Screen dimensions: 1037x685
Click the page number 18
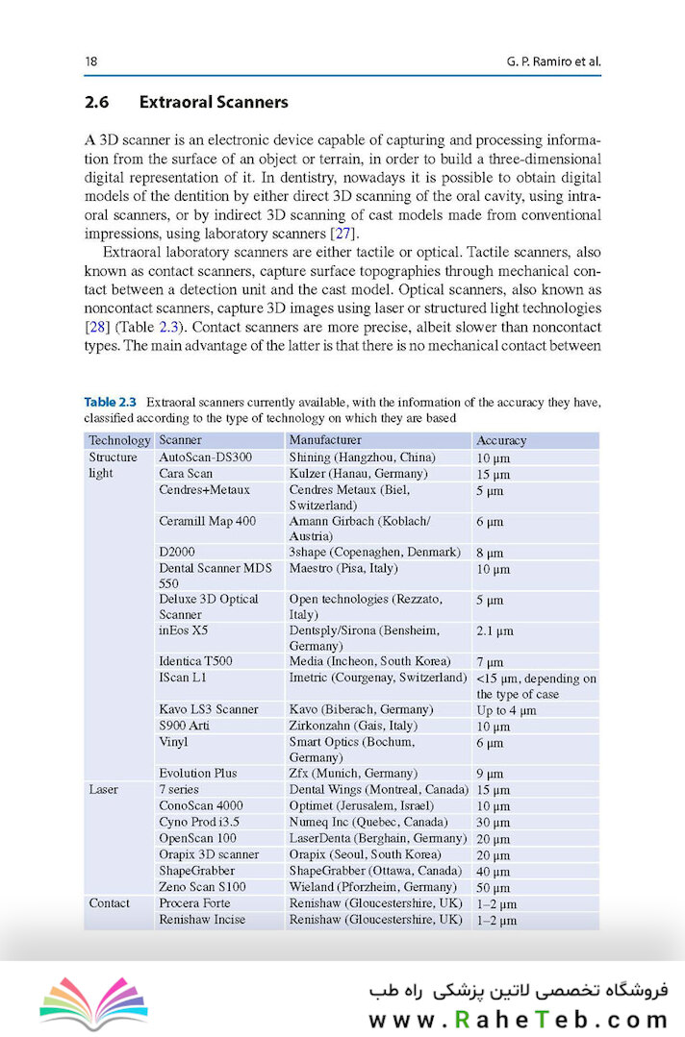click(91, 62)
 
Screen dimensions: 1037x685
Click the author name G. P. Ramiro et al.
click(553, 62)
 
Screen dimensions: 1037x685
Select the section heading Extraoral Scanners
click(214, 102)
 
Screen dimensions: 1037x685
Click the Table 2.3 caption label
click(113, 402)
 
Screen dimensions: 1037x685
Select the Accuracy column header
click(501, 440)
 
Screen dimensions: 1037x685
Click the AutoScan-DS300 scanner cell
click(205, 457)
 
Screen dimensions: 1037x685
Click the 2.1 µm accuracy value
click(495, 631)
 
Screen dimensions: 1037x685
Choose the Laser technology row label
click(104, 789)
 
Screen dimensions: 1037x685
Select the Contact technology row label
click(110, 903)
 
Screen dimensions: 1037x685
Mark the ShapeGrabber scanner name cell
click(196, 871)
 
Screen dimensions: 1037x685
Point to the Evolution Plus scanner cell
click(198, 773)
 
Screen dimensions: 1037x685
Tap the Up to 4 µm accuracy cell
click(506, 709)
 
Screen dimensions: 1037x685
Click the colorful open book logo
click(93, 1003)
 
